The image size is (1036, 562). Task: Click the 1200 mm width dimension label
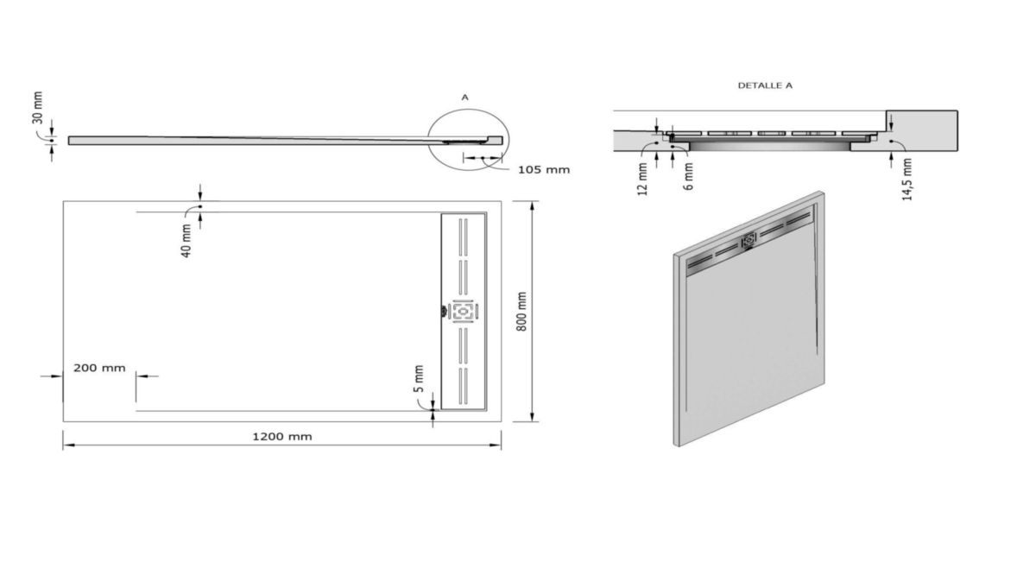point(282,436)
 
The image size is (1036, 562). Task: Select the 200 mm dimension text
point(99,368)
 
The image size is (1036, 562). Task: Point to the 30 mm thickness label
point(37,108)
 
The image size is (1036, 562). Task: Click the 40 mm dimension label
point(186,241)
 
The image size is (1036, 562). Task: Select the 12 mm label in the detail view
point(642,178)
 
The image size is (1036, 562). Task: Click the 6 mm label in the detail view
point(687,174)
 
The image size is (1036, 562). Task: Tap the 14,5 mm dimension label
point(905,180)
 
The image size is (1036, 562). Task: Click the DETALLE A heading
point(765,85)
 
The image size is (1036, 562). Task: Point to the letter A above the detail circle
point(464,98)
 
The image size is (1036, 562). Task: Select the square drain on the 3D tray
point(749,238)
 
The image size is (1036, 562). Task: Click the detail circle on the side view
point(469,139)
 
